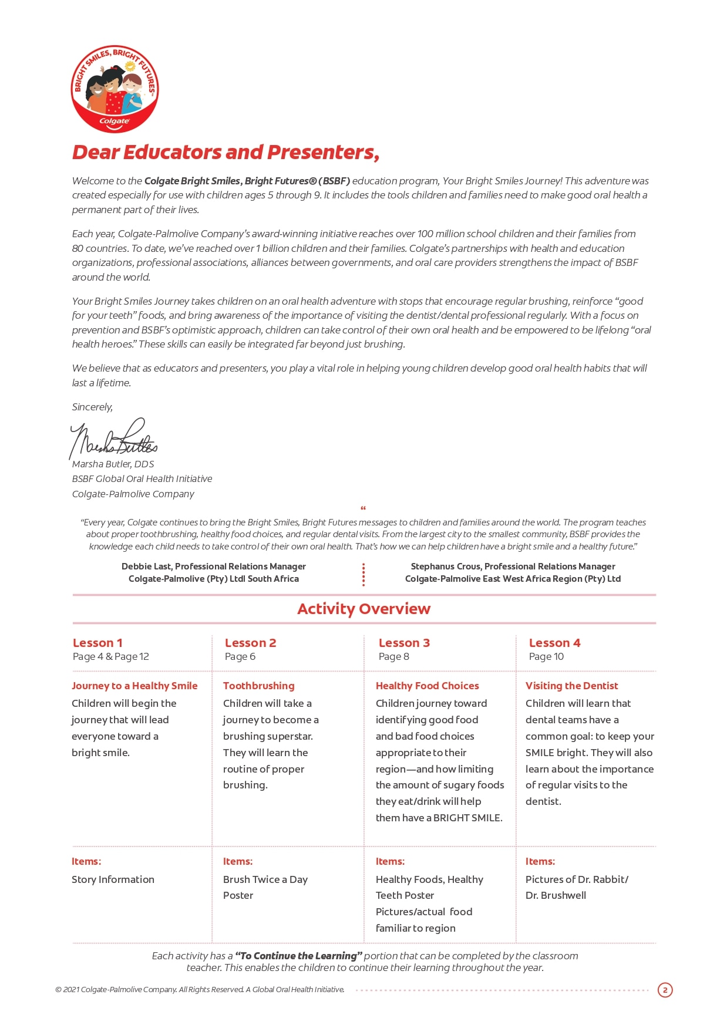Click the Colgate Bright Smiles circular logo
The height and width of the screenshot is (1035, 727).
pyautogui.click(x=115, y=89)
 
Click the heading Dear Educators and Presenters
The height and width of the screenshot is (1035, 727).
pyautogui.click(x=225, y=152)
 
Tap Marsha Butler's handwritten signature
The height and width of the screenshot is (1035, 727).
pyautogui.click(x=113, y=440)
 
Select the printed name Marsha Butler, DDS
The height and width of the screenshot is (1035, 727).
pyautogui.click(x=113, y=464)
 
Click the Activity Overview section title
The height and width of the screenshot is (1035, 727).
pyautogui.click(x=363, y=609)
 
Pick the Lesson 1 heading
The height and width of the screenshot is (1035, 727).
pyautogui.click(x=97, y=643)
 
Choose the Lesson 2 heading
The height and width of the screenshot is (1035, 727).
pyautogui.click(x=250, y=643)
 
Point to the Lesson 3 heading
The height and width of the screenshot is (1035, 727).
pyautogui.click(x=404, y=643)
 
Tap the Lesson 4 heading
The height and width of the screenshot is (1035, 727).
pyautogui.click(x=554, y=643)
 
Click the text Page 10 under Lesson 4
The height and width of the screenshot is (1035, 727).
pyautogui.click(x=546, y=656)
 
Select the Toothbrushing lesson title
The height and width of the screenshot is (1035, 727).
pyautogui.click(x=258, y=686)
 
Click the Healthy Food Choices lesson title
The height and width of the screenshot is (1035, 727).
pyautogui.click(x=427, y=686)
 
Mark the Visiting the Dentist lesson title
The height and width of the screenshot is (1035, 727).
pyautogui.click(x=571, y=686)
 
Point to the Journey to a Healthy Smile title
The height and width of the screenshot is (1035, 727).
pyautogui.click(x=134, y=686)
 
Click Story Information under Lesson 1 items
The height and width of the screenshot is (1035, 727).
pyautogui.click(x=113, y=879)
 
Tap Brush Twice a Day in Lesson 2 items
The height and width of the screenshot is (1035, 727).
pyautogui.click(x=265, y=879)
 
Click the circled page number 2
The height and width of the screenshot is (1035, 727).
pyautogui.click(x=665, y=990)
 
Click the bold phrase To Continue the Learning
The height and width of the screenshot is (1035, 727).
pyautogui.click(x=298, y=956)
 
